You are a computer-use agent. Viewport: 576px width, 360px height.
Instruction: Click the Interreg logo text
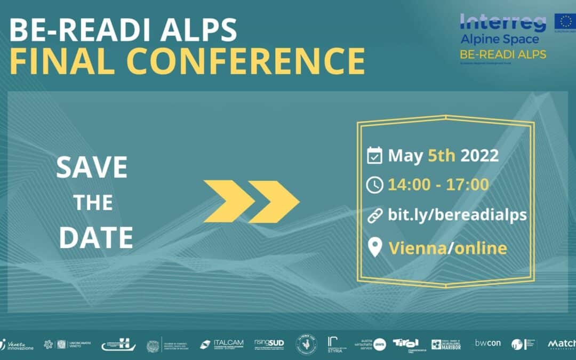pos(503,23)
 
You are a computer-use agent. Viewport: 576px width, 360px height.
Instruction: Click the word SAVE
pos(92,167)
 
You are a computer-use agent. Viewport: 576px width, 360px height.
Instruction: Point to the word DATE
pos(96,237)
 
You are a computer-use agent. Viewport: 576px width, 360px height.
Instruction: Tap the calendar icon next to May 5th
pos(375,156)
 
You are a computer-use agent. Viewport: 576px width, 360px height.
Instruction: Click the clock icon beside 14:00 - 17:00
pos(375,185)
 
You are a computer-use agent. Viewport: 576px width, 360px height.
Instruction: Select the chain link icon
pos(375,215)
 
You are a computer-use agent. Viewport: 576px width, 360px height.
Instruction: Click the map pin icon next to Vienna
pos(375,247)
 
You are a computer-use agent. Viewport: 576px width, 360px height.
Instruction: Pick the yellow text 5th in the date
pos(441,156)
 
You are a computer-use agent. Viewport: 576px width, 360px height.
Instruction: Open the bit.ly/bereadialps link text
pos(458,215)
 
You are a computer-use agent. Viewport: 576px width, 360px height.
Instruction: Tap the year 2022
pos(479,156)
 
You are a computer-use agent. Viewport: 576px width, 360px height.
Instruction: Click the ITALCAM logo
pos(222,345)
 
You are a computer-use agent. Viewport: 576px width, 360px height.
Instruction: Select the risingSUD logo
pos(269,344)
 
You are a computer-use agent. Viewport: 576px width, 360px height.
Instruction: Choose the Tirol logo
pos(405,345)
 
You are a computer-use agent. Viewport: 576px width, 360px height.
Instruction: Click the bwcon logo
pos(487,343)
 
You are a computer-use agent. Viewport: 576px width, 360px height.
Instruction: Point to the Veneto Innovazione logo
pos(17,345)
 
